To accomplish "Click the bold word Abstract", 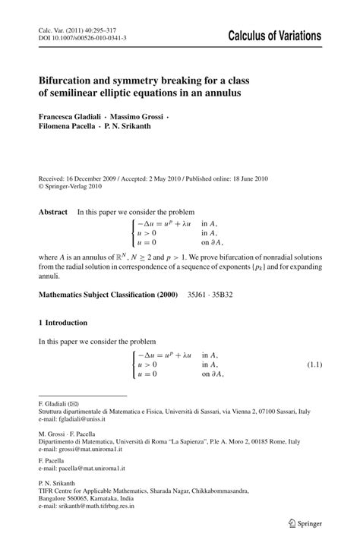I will (x=53, y=212).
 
